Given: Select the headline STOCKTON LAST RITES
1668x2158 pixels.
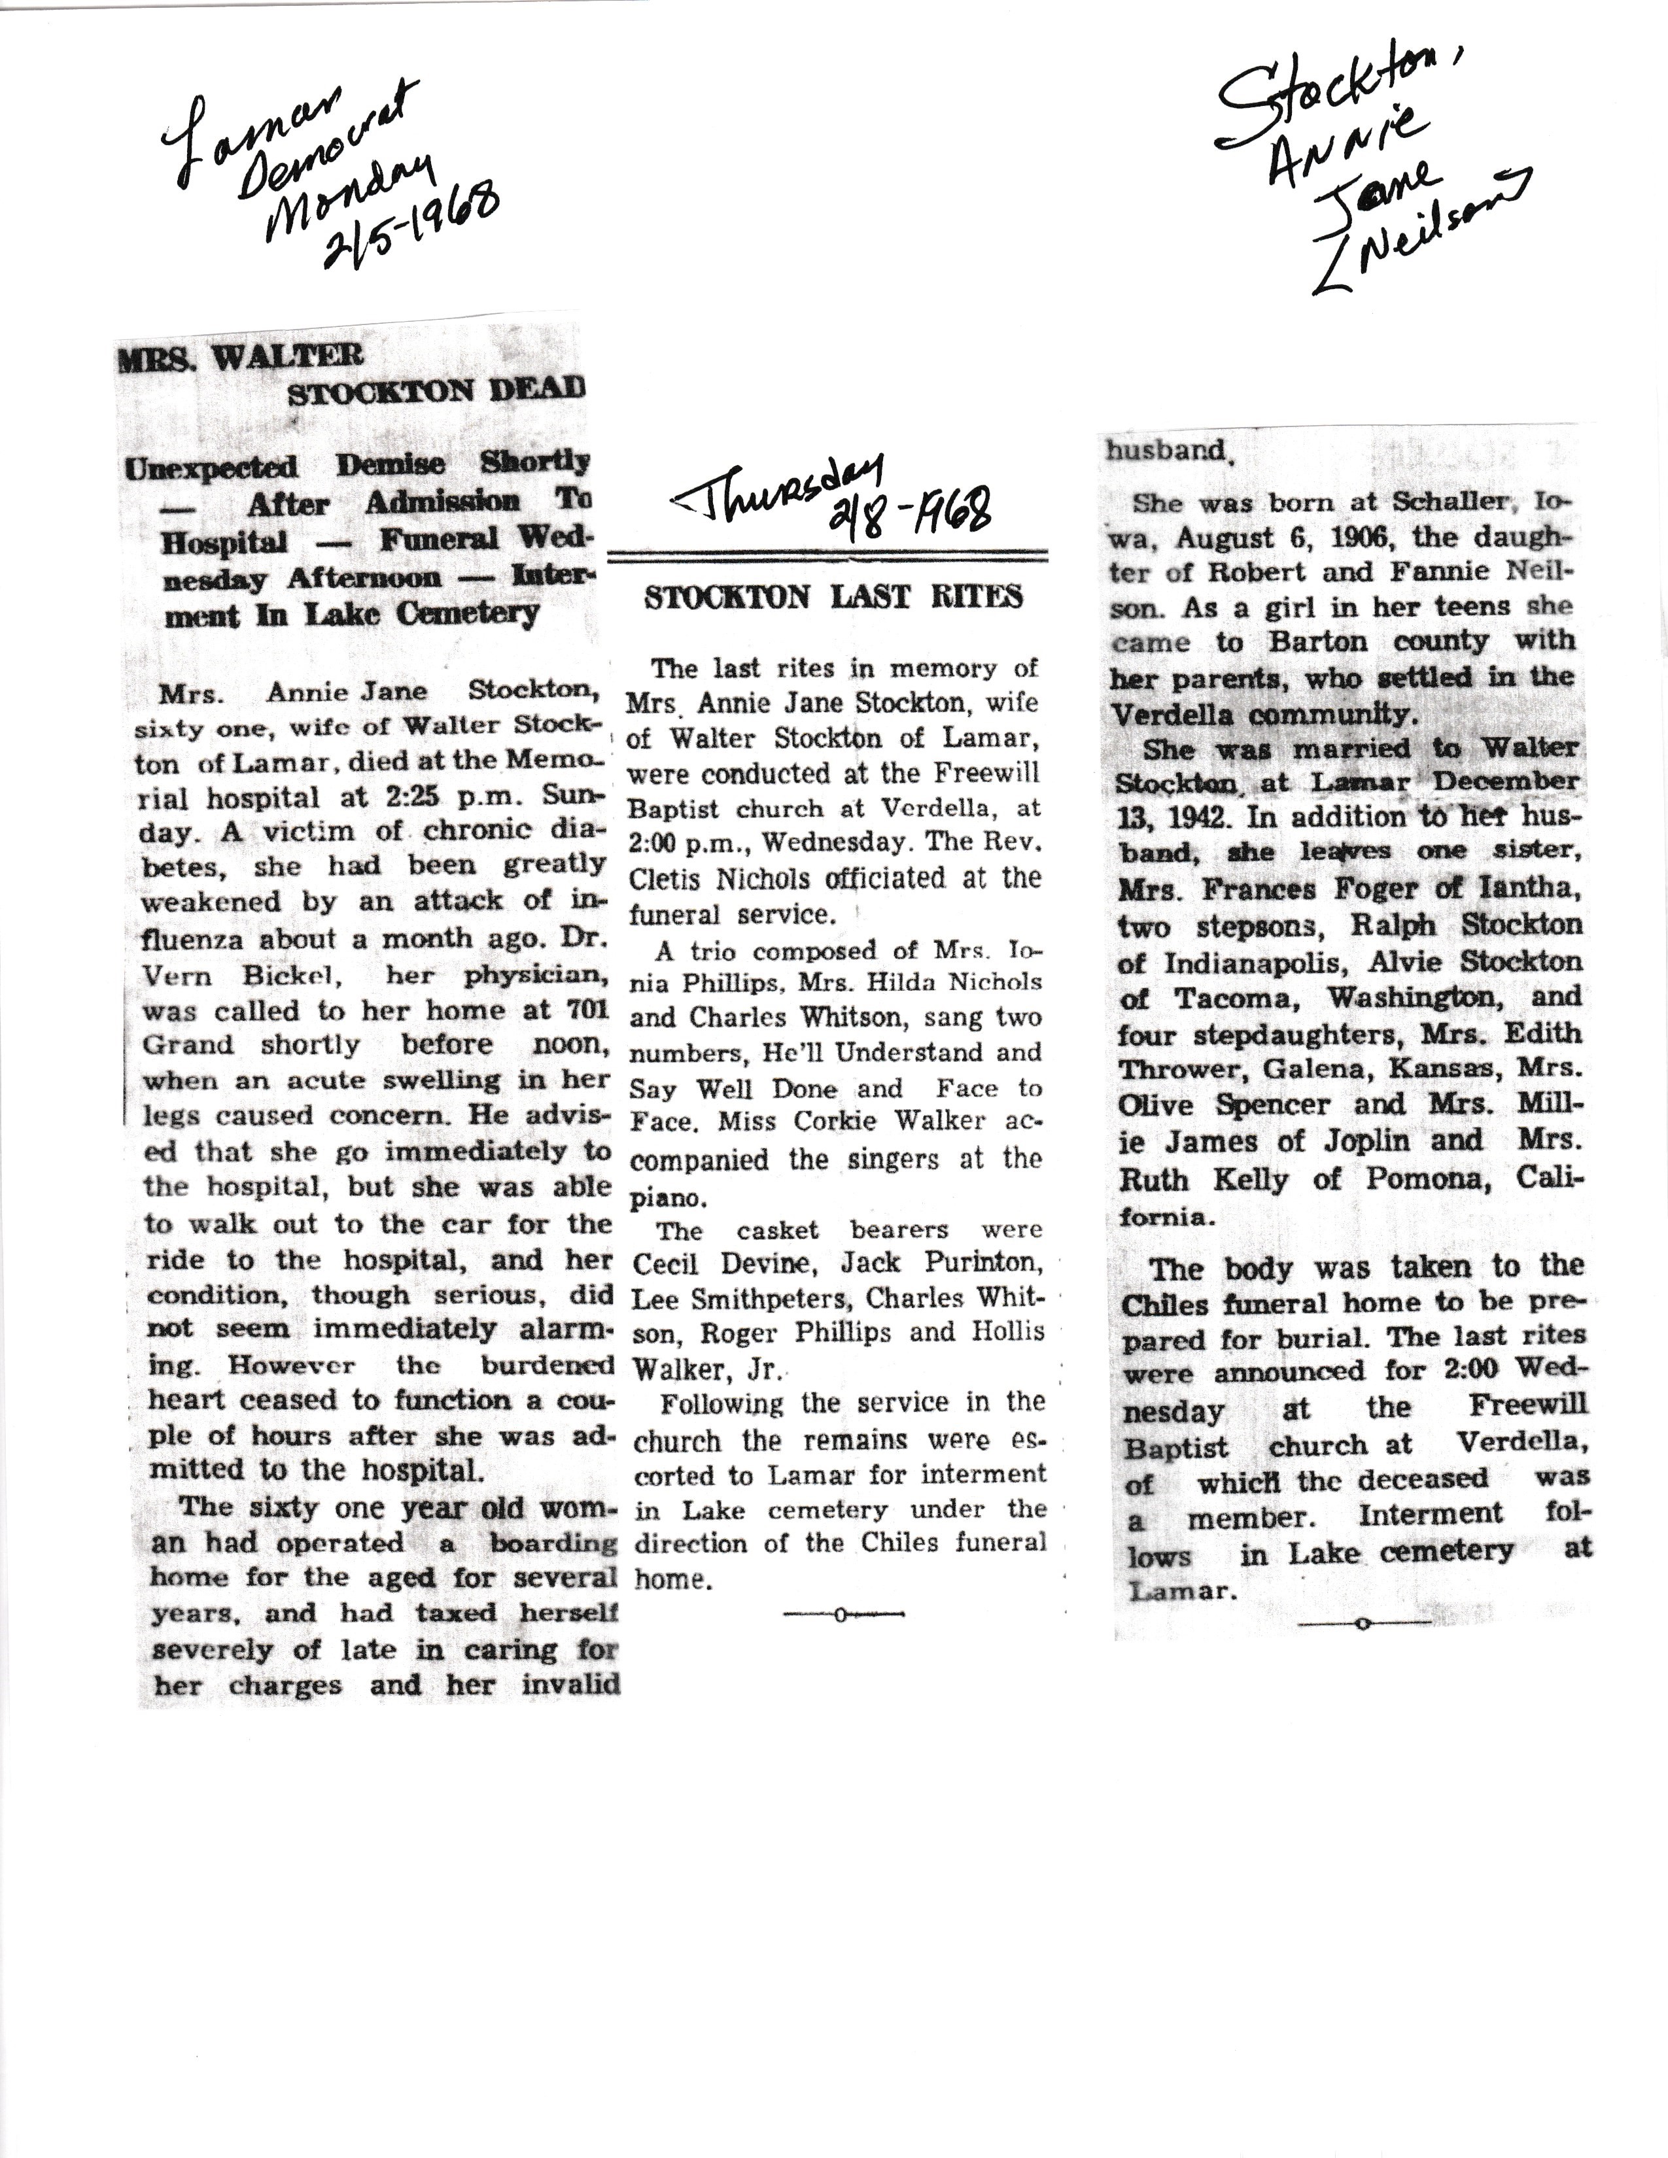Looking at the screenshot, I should tap(833, 598).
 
